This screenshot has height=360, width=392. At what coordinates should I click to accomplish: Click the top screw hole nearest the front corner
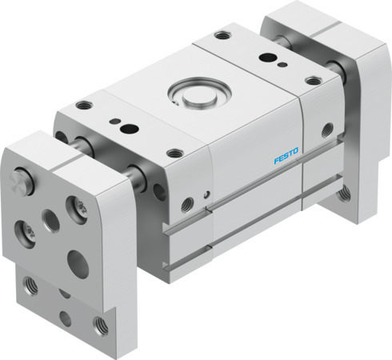174,153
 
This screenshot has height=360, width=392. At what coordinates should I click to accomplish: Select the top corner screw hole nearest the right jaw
313,80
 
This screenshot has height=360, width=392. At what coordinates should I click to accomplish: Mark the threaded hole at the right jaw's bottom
345,193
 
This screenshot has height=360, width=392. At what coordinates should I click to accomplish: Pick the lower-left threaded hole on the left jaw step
30,284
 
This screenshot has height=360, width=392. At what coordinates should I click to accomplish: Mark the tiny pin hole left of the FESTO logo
207,193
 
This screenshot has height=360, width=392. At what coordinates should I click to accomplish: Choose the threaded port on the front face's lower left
186,206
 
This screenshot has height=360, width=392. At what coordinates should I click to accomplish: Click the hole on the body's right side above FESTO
326,129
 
